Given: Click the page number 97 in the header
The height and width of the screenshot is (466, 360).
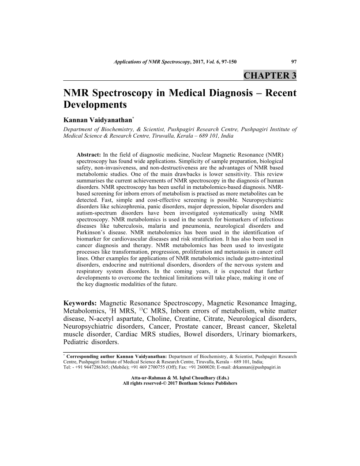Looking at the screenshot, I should pos(294,62).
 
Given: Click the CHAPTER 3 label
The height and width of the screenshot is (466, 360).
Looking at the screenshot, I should pos(270,75).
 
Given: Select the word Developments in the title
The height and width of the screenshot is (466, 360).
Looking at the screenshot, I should pos(95,105).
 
